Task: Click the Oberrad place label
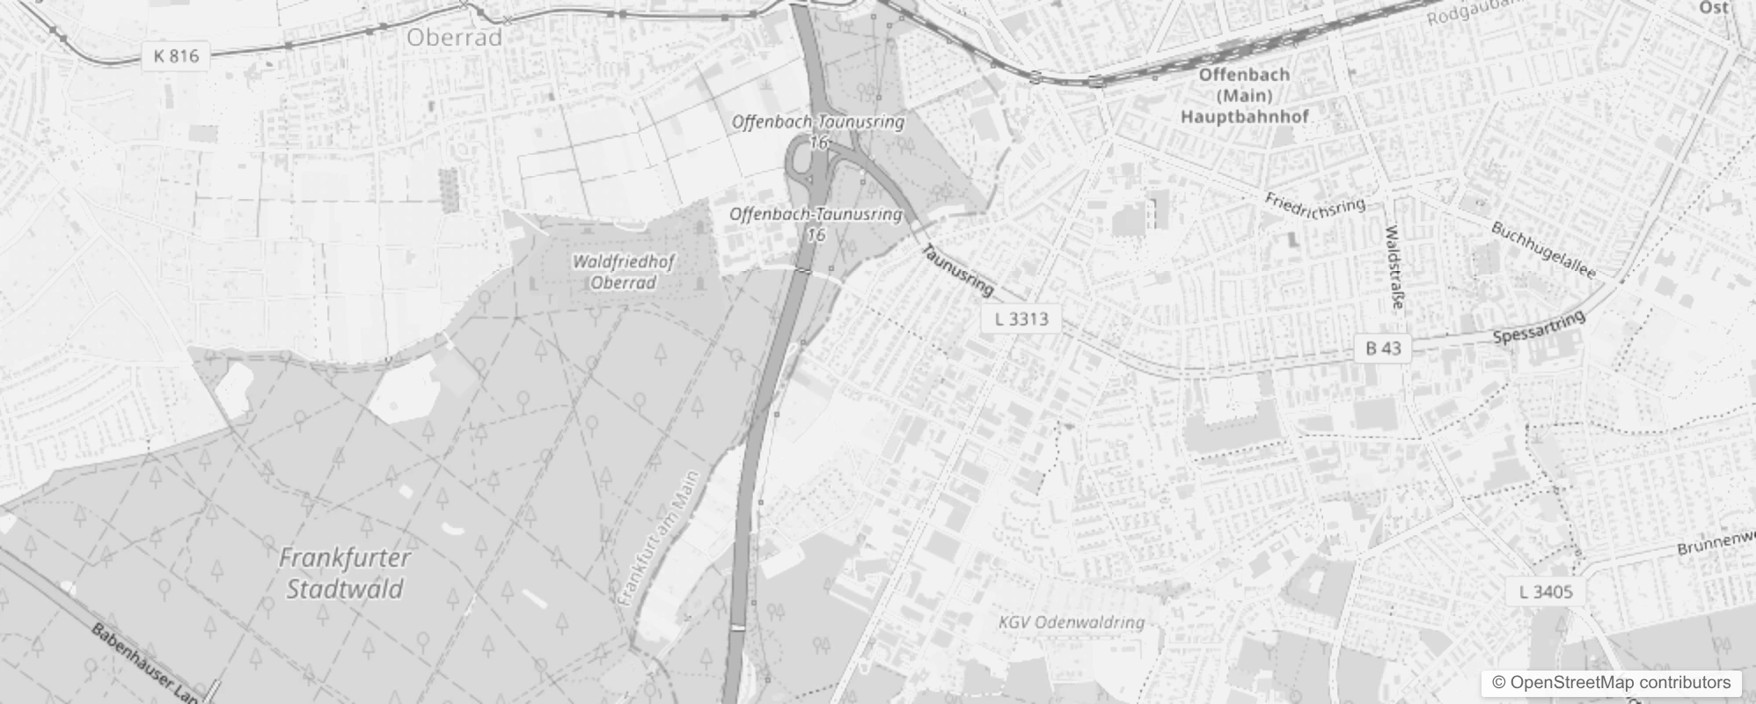pos(454,38)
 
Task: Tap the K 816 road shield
pos(176,56)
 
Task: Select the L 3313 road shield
pos(1021,318)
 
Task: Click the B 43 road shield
pos(1383,348)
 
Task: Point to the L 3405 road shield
pos(1545,591)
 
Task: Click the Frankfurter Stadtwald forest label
pos(345,573)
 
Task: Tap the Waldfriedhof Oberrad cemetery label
pos(623,272)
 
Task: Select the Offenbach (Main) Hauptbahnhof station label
pos(1244,95)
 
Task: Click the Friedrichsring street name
pos(1315,203)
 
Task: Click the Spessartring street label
pos(1539,327)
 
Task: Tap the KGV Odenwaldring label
pos(1072,623)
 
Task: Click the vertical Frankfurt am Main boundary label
pos(658,539)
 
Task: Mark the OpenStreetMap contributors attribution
pos(1611,683)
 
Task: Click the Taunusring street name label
pos(957,270)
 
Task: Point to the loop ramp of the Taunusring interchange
pos(802,160)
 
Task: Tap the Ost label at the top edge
pos(1713,8)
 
